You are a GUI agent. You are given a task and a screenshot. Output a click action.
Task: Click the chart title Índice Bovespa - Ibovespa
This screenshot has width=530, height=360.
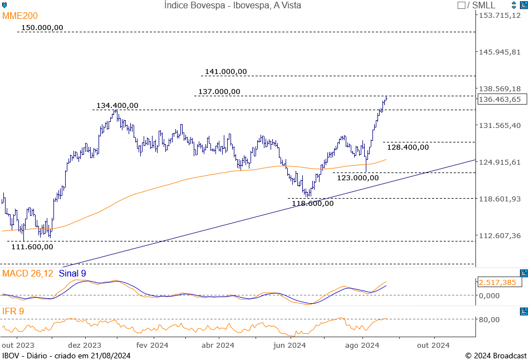(233, 5)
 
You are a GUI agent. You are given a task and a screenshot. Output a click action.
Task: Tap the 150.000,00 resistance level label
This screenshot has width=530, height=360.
(42, 27)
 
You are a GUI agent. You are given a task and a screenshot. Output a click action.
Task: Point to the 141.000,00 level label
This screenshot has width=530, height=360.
(225, 71)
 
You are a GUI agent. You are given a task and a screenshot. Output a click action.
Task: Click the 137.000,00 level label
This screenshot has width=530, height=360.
(219, 91)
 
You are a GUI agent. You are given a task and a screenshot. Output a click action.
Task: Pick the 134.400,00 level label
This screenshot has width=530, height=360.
(117, 105)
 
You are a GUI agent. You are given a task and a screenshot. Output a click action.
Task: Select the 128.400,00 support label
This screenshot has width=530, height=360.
(408, 147)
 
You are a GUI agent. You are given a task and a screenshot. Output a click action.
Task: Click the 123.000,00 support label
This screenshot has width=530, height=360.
(358, 177)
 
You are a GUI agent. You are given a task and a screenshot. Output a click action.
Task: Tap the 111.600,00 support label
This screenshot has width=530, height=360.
(32, 246)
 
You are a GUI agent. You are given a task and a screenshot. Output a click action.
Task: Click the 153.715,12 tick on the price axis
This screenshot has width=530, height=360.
(500, 15)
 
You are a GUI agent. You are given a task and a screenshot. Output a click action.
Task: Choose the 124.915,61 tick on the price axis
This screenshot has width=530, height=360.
(500, 162)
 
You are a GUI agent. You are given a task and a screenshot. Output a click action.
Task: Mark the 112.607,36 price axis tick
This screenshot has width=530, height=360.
(500, 235)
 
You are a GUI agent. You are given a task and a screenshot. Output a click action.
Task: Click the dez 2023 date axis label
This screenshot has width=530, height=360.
(85, 345)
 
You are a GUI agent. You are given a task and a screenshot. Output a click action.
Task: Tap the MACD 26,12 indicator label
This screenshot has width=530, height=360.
(28, 273)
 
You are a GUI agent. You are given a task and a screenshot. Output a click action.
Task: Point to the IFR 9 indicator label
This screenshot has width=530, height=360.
(13, 311)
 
